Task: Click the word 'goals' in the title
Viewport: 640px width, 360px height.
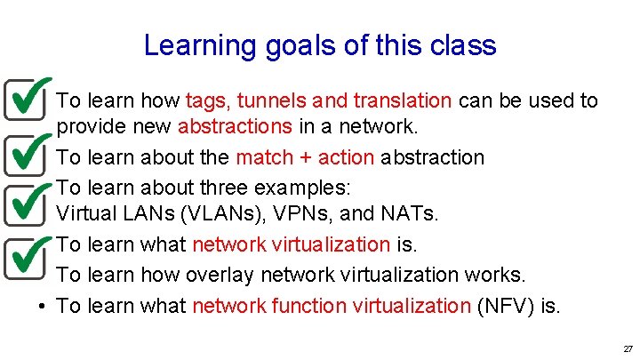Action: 280,46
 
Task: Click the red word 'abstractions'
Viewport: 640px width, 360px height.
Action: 235,126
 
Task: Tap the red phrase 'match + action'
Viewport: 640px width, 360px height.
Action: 304,158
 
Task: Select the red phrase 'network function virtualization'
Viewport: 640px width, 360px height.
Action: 331,307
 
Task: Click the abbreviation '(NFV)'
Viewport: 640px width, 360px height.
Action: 507,307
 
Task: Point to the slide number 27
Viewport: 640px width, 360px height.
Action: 628,348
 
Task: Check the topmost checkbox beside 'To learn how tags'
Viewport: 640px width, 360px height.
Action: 26,98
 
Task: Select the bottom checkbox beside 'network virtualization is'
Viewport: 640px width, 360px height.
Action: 26,257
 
